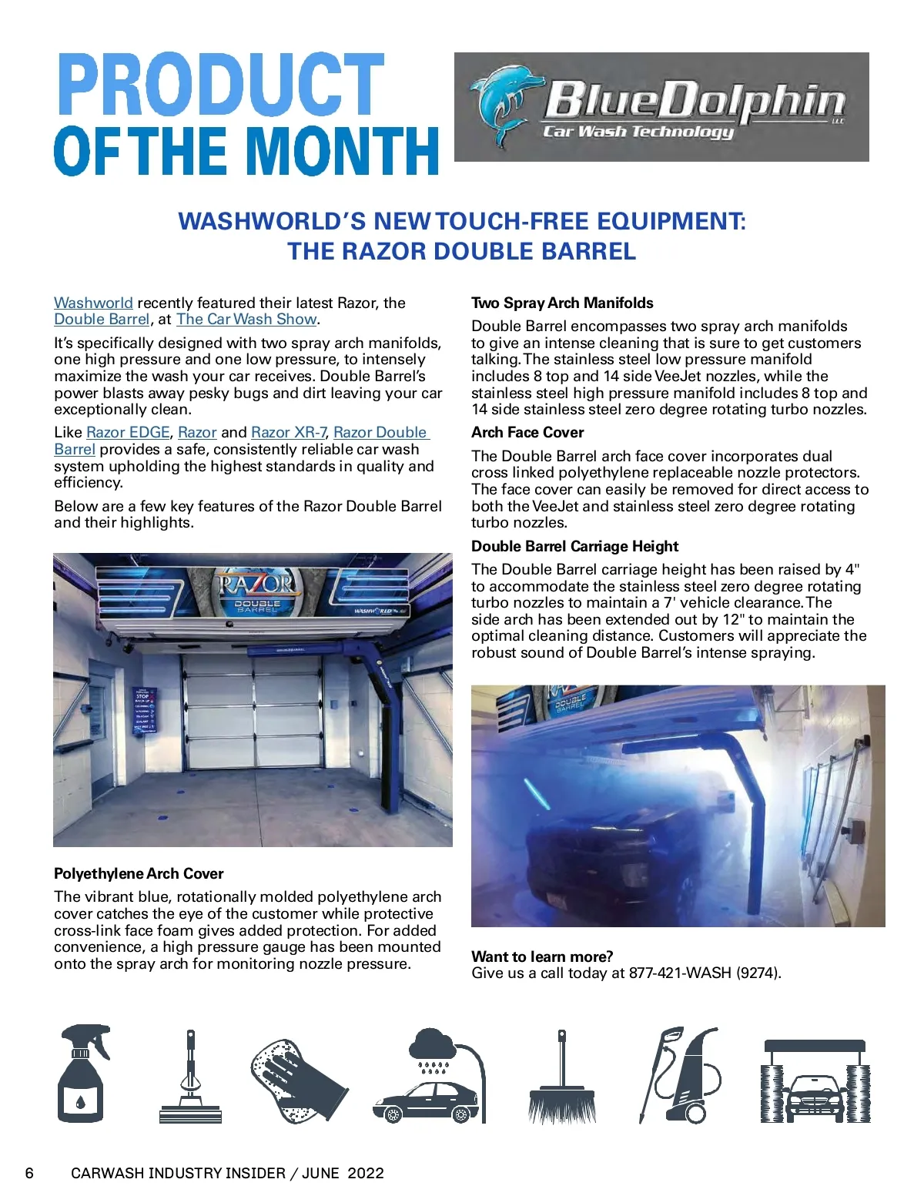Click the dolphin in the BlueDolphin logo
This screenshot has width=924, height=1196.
click(502, 104)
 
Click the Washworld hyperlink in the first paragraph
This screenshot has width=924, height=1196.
click(93, 303)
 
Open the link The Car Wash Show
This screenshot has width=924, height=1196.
click(246, 319)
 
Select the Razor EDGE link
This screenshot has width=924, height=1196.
click(128, 432)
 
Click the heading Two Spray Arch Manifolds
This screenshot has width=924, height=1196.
click(562, 303)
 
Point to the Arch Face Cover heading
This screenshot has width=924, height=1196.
click(527, 432)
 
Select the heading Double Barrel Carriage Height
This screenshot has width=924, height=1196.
click(574, 546)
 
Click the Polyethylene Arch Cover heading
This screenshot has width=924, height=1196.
click(139, 873)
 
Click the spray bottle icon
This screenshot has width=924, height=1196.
click(82, 1074)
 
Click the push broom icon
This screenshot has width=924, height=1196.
click(562, 1078)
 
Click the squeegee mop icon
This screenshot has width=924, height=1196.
click(189, 1078)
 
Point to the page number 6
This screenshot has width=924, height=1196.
click(29, 1173)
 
